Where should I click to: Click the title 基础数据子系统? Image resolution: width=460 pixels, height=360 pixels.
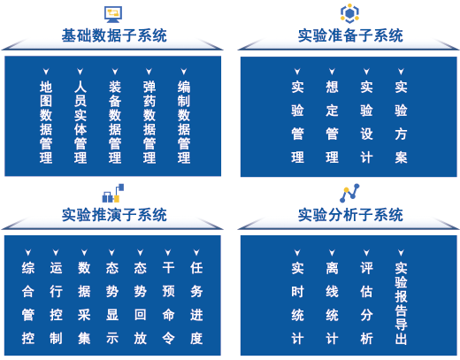click(114, 35)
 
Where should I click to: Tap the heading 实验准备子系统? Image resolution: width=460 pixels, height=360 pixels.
click(350, 35)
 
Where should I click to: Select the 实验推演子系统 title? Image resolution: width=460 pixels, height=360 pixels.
click(114, 214)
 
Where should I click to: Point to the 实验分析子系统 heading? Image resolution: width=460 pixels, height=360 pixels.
click(350, 214)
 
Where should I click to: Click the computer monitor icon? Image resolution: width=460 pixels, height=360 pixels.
click(113, 14)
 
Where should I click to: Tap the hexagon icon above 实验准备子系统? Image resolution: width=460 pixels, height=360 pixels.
click(349, 13)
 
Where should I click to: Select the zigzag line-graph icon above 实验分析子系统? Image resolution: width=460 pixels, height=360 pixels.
click(349, 193)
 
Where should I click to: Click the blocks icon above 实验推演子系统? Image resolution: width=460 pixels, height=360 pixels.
click(113, 193)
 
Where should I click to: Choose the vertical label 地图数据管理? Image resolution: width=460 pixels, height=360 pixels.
click(46, 122)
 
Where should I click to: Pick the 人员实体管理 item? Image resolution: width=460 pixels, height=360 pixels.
click(80, 122)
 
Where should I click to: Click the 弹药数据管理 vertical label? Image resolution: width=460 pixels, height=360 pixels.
click(149, 122)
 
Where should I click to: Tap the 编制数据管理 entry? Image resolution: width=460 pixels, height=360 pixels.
click(184, 122)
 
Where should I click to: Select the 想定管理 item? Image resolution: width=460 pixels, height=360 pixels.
click(332, 122)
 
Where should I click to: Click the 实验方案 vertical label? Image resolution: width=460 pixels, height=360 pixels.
click(401, 122)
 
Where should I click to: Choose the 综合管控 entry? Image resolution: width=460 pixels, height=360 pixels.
click(28, 303)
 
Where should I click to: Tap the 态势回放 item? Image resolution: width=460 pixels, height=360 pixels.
click(141, 303)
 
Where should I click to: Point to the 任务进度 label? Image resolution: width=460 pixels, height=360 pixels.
click(196, 303)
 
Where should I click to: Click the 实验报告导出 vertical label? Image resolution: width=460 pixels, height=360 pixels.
click(401, 303)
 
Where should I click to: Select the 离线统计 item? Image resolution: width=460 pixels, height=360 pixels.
click(332, 303)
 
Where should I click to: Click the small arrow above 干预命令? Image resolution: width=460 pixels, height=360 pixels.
click(168, 252)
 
